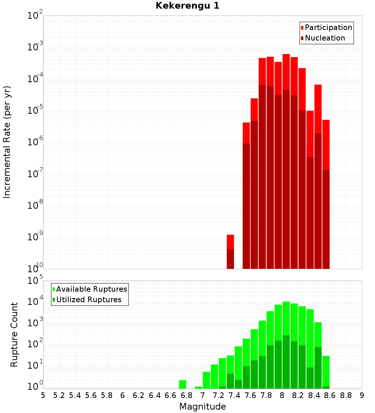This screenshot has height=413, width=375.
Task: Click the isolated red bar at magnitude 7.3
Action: pyautogui.click(x=230, y=242)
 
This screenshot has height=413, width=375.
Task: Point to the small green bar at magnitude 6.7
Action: pyautogui.click(x=183, y=384)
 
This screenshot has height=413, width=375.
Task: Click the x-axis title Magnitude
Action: pyautogui.click(x=202, y=407)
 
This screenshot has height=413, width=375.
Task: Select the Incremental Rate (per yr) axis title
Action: pyautogui.click(x=7, y=142)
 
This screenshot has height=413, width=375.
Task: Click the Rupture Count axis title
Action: pyautogui.click(x=14, y=334)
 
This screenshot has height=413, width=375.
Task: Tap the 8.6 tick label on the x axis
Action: pyautogui.click(x=330, y=395)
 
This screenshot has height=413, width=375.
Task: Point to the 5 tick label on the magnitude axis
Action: pyautogui.click(x=43, y=395)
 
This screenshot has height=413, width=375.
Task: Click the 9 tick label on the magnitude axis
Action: pyautogui.click(x=362, y=395)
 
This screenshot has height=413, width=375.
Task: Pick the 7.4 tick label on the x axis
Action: pyautogui.click(x=234, y=395)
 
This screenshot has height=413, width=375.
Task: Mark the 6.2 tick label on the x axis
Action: pyautogui.click(x=139, y=395)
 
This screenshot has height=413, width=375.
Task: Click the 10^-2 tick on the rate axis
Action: pyautogui.click(x=35, y=16)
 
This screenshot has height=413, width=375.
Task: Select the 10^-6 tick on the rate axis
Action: pyautogui.click(x=35, y=142)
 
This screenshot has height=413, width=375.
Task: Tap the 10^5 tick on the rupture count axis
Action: pyautogui.click(x=36, y=280)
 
